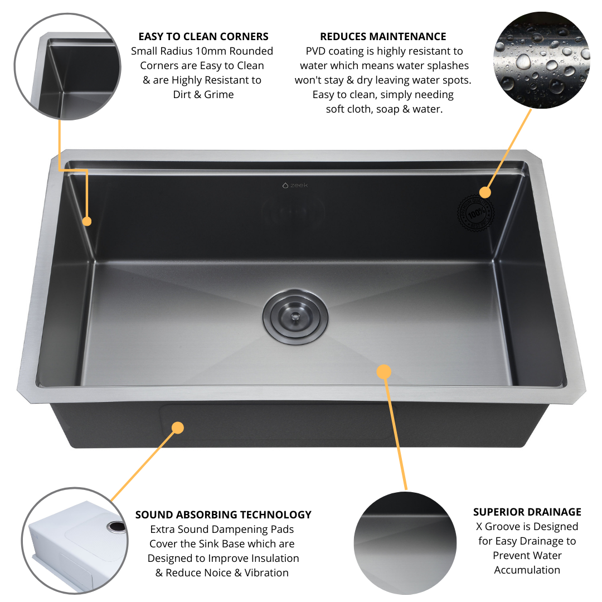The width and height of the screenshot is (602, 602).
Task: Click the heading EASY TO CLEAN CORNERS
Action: [203, 37]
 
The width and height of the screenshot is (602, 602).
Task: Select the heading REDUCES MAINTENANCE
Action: [383, 37]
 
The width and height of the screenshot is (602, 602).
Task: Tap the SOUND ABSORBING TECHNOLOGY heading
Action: [223, 514]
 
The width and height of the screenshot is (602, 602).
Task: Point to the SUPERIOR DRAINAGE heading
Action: [527, 512]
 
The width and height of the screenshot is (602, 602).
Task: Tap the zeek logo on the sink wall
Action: [295, 185]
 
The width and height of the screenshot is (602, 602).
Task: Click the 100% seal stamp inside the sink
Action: [475, 213]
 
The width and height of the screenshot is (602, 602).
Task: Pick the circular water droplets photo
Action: [541, 61]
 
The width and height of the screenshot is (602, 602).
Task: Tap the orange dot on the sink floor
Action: [383, 371]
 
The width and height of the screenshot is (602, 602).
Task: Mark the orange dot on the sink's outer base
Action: [177, 428]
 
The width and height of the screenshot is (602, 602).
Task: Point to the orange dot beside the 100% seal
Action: [485, 192]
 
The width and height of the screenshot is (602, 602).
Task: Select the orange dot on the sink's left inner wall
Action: [87, 221]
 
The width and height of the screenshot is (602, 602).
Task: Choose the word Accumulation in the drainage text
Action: [527, 570]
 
